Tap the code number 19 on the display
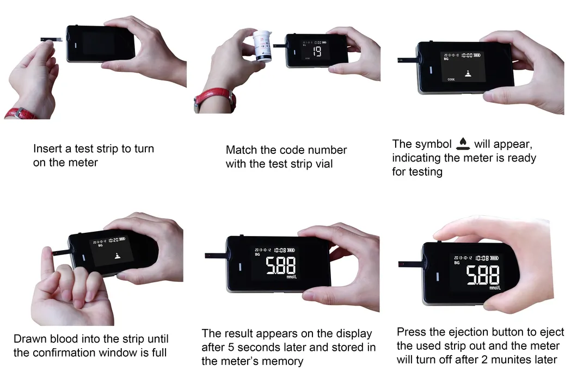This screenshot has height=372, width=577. click(x=316, y=52)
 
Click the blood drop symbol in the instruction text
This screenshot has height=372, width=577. click(x=463, y=144)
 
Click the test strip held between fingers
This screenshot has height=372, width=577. click(x=51, y=39)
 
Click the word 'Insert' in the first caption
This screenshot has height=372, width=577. click(x=47, y=148)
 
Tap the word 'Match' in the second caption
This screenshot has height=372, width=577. click(x=241, y=150)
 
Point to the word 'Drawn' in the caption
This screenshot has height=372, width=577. click(x=29, y=338)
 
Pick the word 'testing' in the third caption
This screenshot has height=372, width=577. click(x=425, y=171)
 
